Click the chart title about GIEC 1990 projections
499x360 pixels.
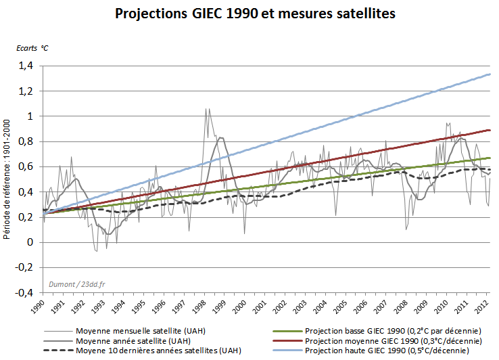pos(249,13)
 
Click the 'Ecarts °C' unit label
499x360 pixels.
pos(32,48)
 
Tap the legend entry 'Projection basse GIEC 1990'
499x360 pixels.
pos(392,330)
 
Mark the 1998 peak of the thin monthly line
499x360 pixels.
pos(206,108)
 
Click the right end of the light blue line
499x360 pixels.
pos(490,74)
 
